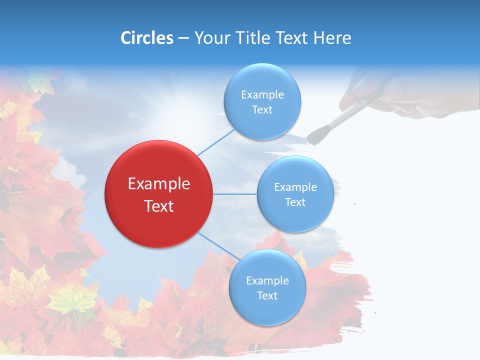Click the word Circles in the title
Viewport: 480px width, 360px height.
point(146,38)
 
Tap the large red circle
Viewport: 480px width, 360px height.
point(159,194)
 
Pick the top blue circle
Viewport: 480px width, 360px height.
point(262,101)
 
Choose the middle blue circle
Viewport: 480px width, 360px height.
point(295,194)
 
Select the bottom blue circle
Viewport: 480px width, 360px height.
point(267,287)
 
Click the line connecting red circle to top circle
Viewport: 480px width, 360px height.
point(216,142)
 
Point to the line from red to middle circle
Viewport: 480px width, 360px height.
point(235,194)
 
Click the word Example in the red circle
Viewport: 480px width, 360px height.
point(159,184)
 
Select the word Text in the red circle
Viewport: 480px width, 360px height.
point(159,206)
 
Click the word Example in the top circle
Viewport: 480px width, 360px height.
point(262,94)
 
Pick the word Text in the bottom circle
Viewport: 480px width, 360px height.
point(267,295)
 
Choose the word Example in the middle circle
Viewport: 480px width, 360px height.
point(295,187)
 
